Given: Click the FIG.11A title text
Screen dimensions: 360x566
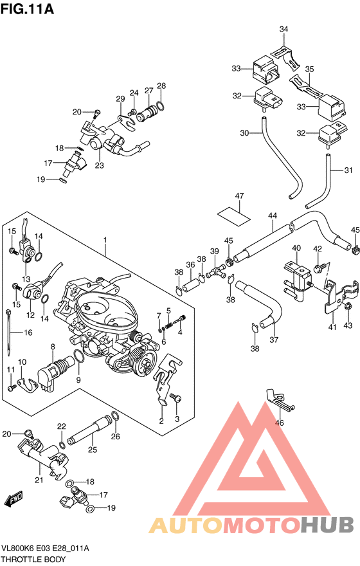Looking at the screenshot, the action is click(x=27, y=8).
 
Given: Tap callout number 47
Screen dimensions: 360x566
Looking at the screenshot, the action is click(x=240, y=196).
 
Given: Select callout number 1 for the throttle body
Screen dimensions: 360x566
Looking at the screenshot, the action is click(x=105, y=240).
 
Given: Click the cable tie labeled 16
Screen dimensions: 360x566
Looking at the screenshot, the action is click(x=8, y=331).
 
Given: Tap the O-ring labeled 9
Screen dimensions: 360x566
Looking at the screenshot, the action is click(x=79, y=356).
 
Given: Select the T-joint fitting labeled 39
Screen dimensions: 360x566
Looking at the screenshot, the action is click(x=217, y=271).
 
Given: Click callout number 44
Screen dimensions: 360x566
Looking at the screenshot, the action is click(x=273, y=216).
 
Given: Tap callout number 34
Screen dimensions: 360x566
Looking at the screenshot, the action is click(x=284, y=29).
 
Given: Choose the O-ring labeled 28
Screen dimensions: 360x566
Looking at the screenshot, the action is click(x=161, y=106).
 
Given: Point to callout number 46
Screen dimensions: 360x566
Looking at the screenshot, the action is click(x=279, y=423).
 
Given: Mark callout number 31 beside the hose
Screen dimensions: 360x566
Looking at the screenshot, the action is click(x=348, y=170).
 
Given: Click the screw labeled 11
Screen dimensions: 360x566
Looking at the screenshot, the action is click(x=12, y=388).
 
